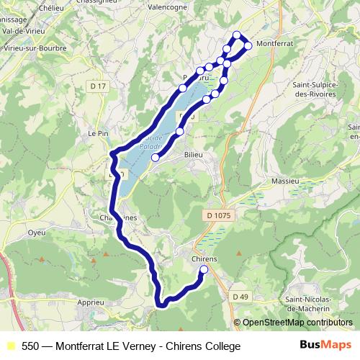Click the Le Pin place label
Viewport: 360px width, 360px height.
(97, 134)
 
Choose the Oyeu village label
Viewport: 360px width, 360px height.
(36, 233)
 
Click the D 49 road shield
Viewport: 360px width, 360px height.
(240, 296)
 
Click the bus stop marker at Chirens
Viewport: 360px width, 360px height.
(203, 269)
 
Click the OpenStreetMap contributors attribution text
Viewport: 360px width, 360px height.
(297, 323)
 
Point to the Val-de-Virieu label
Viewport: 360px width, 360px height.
(24, 32)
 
